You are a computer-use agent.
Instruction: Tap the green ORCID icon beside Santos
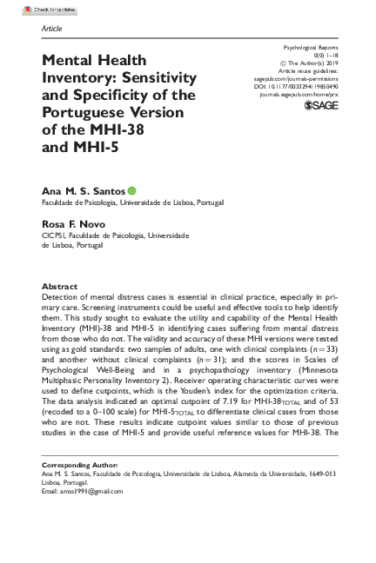click(132, 189)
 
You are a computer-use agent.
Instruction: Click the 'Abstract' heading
click(60, 287)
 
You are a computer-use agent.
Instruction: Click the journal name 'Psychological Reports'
click(310, 43)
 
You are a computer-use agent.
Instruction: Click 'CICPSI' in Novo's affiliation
click(54, 235)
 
